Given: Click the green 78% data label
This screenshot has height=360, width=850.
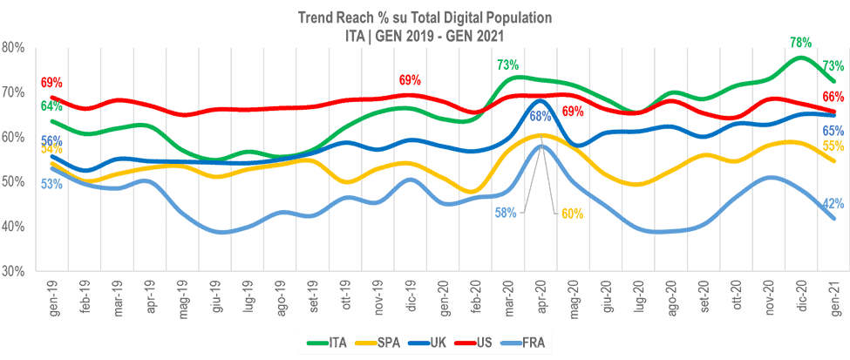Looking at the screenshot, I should pyautogui.click(x=800, y=42).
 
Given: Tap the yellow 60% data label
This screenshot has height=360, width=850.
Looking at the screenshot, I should pyautogui.click(x=572, y=213).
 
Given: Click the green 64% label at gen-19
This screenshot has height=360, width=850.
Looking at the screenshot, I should pyautogui.click(x=51, y=107).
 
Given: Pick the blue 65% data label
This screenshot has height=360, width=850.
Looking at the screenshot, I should pyautogui.click(x=833, y=131).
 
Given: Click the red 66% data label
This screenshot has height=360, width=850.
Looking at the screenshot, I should pyautogui.click(x=833, y=97).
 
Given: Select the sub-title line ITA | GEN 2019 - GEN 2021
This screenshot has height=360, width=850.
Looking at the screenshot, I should pyautogui.click(x=425, y=33).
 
